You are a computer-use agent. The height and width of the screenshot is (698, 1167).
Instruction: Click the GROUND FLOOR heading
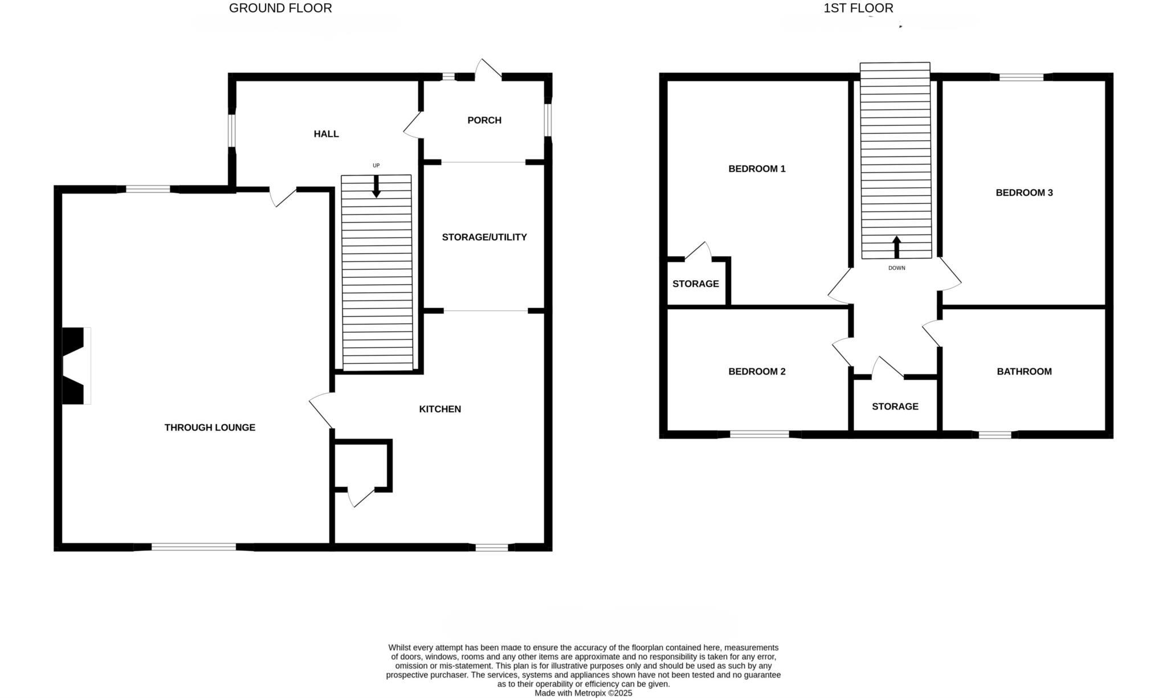coord(280,9)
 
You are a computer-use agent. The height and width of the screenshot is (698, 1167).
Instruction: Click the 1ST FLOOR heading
coord(858,9)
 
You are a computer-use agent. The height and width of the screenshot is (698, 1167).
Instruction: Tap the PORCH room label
coord(484,120)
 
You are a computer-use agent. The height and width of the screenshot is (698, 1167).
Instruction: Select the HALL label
coord(326,134)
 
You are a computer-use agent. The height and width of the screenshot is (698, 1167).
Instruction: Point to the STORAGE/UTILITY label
coord(484,237)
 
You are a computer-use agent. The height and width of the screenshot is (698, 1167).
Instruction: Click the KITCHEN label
coord(440,409)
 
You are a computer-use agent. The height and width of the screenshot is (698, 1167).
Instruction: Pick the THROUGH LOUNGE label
coord(210,428)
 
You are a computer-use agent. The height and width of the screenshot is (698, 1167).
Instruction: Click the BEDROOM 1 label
coord(757,169)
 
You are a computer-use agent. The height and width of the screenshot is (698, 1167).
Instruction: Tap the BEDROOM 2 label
coord(757,372)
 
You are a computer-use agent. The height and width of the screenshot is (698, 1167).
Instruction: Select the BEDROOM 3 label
coord(1024,192)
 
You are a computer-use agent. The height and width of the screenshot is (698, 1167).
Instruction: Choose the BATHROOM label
coord(1024,372)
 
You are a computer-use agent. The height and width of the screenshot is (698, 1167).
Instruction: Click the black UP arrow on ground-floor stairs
coord(376,187)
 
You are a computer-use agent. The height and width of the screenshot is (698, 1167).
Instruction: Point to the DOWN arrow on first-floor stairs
coord(896,247)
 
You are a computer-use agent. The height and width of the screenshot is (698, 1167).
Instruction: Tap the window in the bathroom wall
coord(995,435)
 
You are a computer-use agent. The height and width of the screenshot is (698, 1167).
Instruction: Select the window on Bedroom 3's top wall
coord(1021,77)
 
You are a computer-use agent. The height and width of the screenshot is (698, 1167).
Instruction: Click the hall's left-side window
coord(232,130)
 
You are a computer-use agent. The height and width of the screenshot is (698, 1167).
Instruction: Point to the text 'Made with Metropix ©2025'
coord(583,693)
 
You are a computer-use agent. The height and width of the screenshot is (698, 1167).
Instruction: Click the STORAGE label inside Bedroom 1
coord(695,284)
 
